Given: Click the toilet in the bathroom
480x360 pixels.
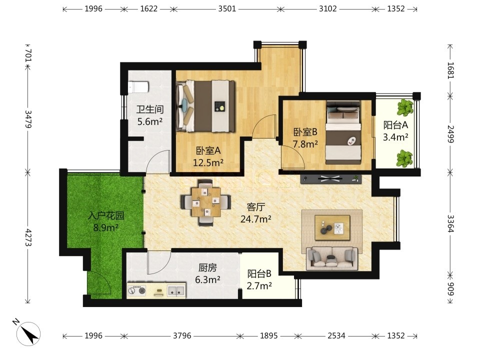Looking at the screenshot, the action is [x=138, y=87].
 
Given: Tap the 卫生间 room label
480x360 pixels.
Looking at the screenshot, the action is [x=150, y=109].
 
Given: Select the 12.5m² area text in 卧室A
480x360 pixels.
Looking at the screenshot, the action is [x=208, y=162].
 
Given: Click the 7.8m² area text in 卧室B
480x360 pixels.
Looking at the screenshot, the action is [x=305, y=144].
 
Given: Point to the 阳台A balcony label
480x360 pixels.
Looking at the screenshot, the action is [x=395, y=125].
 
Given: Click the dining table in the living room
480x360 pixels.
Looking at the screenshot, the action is [x=205, y=201].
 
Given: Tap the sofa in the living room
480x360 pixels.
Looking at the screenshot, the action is [x=332, y=258].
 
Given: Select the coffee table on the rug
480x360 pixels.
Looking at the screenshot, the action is [x=332, y=227].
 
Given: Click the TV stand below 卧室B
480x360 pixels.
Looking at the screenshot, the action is [x=330, y=179].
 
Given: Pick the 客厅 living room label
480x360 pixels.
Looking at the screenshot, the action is [x=255, y=207].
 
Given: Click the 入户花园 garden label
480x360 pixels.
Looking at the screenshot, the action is [x=106, y=216].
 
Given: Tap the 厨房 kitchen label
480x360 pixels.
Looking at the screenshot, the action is [x=207, y=268].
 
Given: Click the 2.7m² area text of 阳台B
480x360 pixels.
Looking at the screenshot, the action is [x=259, y=285].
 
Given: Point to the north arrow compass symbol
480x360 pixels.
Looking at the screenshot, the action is [x=28, y=333].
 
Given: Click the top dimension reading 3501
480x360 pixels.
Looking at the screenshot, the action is [x=227, y=8].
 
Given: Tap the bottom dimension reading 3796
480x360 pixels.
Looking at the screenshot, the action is [x=182, y=336].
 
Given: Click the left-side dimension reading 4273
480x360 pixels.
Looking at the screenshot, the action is [x=28, y=237].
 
